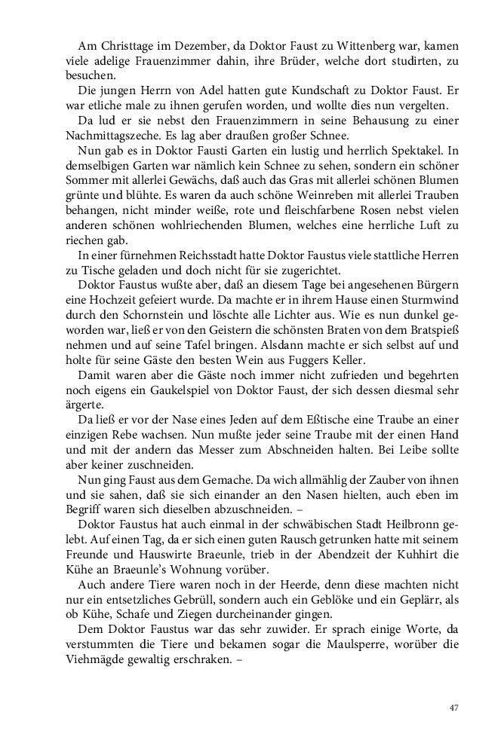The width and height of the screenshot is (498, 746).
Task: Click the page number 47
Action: (453, 708)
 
